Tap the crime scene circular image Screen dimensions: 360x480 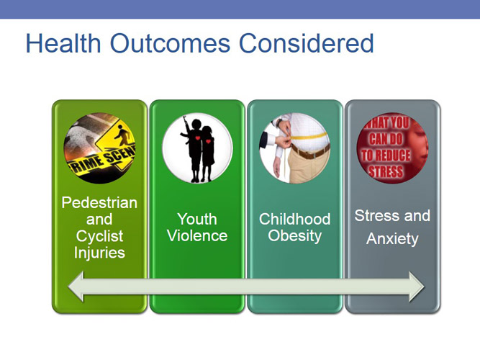(99, 148)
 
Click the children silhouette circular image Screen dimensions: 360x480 (197, 148)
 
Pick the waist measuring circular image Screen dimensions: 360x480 (294, 148)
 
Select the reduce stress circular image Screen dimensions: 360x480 (392, 148)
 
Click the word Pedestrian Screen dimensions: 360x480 (99, 203)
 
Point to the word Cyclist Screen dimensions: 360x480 (99, 236)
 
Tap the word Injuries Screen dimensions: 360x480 (99, 253)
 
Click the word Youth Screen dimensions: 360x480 (197, 219)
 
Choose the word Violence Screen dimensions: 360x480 (197, 236)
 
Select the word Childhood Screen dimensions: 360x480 (294, 219)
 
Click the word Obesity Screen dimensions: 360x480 (294, 236)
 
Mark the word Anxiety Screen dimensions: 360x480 (392, 239)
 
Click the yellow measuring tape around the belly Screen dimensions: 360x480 (306, 139)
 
